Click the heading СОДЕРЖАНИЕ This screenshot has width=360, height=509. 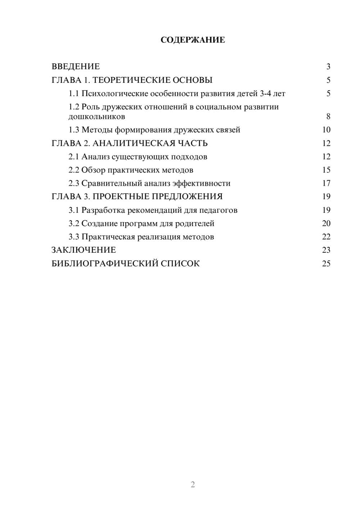[x=193, y=40]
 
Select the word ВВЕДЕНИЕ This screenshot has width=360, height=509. [x=76, y=67]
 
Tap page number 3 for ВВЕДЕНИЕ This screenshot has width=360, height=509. [x=328, y=67]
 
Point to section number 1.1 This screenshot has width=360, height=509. [x=73, y=94]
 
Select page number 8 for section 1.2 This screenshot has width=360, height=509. [x=328, y=116]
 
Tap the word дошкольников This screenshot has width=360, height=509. [x=97, y=116]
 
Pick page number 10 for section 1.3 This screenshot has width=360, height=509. [x=326, y=130]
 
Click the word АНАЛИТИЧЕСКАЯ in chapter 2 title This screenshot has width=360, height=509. [x=134, y=143]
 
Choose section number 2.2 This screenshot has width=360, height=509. [x=73, y=170]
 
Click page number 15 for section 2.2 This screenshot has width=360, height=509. [x=326, y=170]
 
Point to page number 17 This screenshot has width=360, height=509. [x=326, y=183]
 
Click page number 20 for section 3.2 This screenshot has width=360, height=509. [x=326, y=224]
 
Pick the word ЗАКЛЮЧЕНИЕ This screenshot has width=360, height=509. [x=84, y=250]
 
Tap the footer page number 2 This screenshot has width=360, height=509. [x=193, y=485]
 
